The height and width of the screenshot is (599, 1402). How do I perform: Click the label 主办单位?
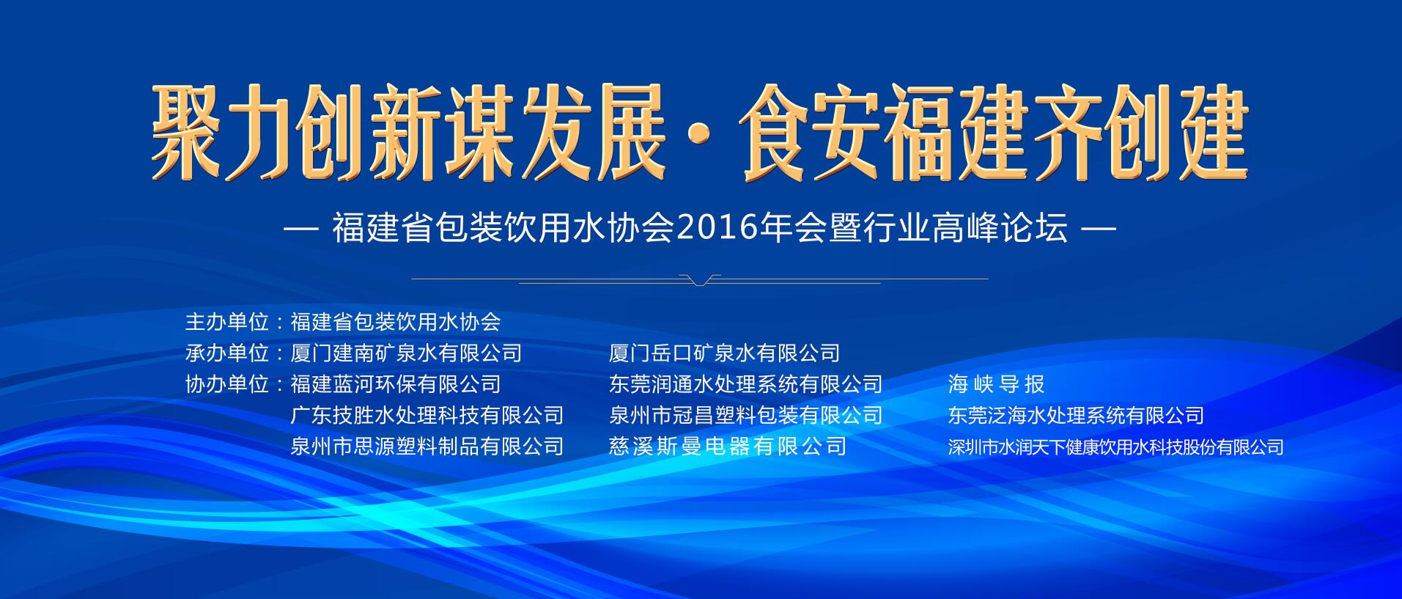click(x=227, y=322)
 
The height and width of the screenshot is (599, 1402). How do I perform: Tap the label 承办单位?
click(x=227, y=353)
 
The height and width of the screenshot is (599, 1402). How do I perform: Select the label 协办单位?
click(x=227, y=384)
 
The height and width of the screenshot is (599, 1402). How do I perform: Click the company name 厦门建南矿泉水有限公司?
click(x=406, y=353)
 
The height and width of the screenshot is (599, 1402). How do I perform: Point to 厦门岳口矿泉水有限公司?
click(x=724, y=353)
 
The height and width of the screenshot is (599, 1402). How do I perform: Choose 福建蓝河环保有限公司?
click(x=396, y=384)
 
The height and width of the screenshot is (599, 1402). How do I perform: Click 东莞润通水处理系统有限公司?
click(x=745, y=384)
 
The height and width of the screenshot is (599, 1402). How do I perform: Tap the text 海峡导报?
click(x=996, y=384)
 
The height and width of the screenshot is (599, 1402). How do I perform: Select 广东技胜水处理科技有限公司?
click(x=427, y=416)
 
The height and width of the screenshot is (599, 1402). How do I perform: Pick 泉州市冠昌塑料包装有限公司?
click(x=745, y=416)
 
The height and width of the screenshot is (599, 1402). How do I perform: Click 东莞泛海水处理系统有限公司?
click(x=1076, y=416)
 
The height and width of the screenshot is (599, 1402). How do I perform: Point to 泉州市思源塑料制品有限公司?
click(x=427, y=447)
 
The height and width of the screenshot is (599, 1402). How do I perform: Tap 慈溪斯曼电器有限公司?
click(x=728, y=447)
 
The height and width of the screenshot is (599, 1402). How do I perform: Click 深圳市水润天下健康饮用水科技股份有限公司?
click(x=1115, y=447)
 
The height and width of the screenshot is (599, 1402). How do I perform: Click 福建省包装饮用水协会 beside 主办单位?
click(x=396, y=322)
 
